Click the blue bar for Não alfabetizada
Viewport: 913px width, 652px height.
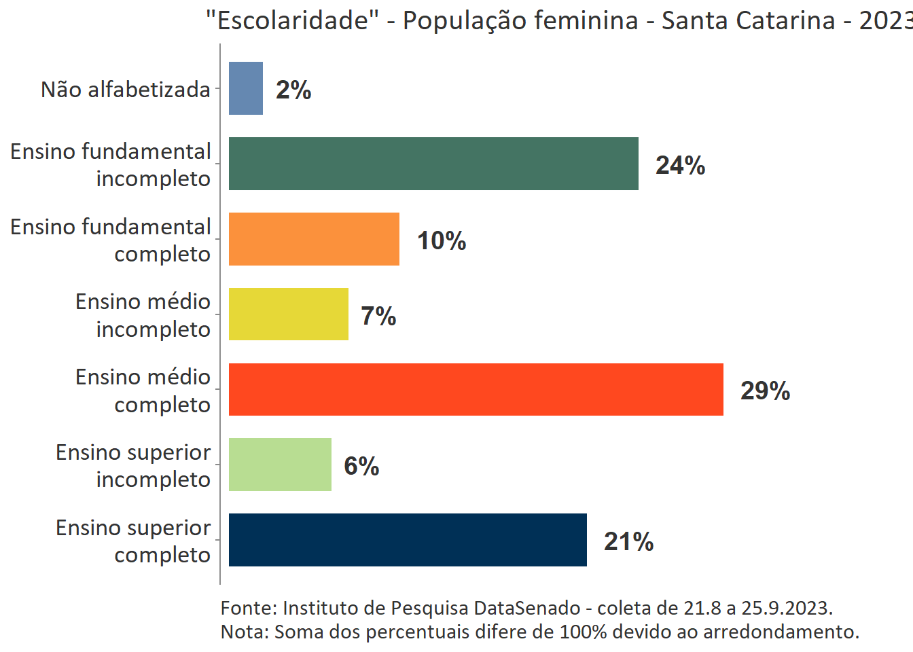point(246,88)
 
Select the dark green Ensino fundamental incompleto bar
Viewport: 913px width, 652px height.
point(433,164)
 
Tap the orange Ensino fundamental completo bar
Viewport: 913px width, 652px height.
point(314,239)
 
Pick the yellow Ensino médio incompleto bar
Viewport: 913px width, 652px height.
point(289,314)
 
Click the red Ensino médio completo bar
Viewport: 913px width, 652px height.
point(476,390)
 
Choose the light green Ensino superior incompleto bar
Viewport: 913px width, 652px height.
point(280,465)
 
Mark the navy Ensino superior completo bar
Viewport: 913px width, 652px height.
point(408,540)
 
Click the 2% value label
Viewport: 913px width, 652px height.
point(293,90)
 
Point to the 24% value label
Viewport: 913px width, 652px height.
point(680,165)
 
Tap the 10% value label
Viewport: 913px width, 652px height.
point(442,240)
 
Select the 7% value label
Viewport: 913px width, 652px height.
point(378,316)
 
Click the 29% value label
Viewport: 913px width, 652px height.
point(765,391)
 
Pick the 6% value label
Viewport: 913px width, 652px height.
point(361,466)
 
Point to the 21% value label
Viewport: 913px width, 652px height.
point(628,541)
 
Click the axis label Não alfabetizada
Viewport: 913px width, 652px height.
point(126,90)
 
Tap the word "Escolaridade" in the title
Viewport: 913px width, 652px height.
point(293,20)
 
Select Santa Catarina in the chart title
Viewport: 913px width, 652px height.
point(748,20)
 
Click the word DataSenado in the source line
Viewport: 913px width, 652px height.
point(527,608)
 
